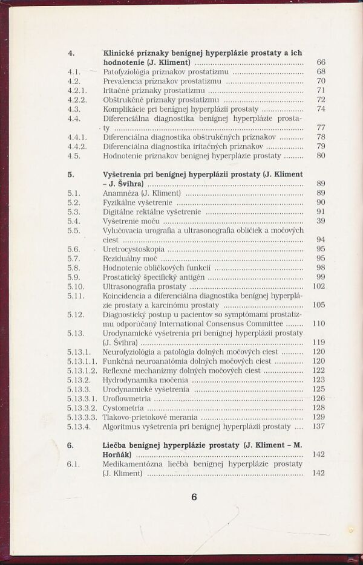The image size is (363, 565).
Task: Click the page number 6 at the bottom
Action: point(194,497)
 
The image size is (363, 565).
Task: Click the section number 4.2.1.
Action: point(77,90)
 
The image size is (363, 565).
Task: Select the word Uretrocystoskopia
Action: point(125,249)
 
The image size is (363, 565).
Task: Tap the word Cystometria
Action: point(122,408)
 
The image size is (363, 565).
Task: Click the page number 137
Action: point(318,427)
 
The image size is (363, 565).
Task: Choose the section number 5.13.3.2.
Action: point(82,408)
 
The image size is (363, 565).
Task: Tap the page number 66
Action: point(321,62)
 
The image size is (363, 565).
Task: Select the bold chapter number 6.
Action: point(70,445)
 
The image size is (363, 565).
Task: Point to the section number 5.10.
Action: point(76,286)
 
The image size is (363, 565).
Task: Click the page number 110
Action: point(318,323)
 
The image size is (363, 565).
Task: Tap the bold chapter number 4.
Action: point(70,53)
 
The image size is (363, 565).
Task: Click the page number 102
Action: point(318,286)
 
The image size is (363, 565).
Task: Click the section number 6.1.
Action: point(74,464)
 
